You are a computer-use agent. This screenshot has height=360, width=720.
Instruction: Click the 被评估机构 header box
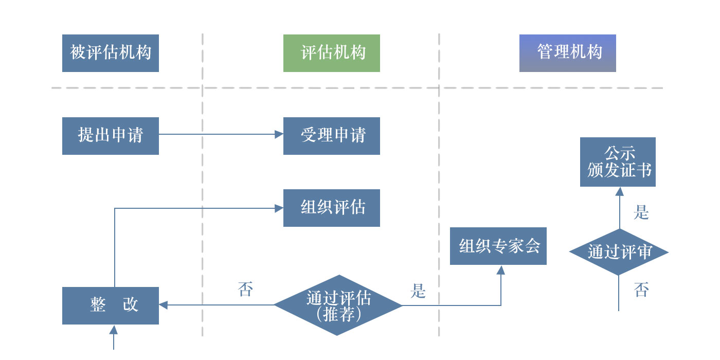(110, 53)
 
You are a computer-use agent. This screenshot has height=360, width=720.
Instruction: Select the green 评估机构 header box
(331, 53)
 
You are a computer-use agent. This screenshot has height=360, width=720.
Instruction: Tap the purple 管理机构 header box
(567, 53)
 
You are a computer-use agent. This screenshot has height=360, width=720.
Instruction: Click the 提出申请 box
(110, 136)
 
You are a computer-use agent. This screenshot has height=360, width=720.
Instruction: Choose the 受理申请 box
(331, 136)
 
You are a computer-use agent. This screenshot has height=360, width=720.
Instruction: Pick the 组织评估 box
(331, 208)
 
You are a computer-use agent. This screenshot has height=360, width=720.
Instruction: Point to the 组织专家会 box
(498, 246)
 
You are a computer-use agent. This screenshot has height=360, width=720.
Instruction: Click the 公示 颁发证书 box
(618, 161)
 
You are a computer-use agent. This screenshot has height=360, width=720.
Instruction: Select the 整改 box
(110, 305)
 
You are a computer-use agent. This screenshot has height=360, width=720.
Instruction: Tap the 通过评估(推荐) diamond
(337, 305)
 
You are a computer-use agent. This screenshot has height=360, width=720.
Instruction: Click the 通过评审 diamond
(619, 252)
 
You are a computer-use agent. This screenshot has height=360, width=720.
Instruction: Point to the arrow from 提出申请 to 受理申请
(221, 134)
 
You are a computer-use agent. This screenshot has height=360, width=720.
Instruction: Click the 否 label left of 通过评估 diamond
(246, 290)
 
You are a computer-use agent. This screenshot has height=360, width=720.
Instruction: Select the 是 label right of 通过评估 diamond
(418, 291)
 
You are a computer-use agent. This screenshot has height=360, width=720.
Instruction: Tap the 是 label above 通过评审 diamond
(641, 212)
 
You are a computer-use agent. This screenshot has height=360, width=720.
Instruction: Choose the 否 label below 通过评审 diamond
(641, 290)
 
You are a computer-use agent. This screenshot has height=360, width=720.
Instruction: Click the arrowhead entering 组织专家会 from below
(500, 270)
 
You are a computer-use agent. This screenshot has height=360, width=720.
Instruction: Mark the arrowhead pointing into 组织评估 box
(279, 208)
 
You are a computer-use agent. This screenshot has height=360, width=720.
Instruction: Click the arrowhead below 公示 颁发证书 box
(619, 191)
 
